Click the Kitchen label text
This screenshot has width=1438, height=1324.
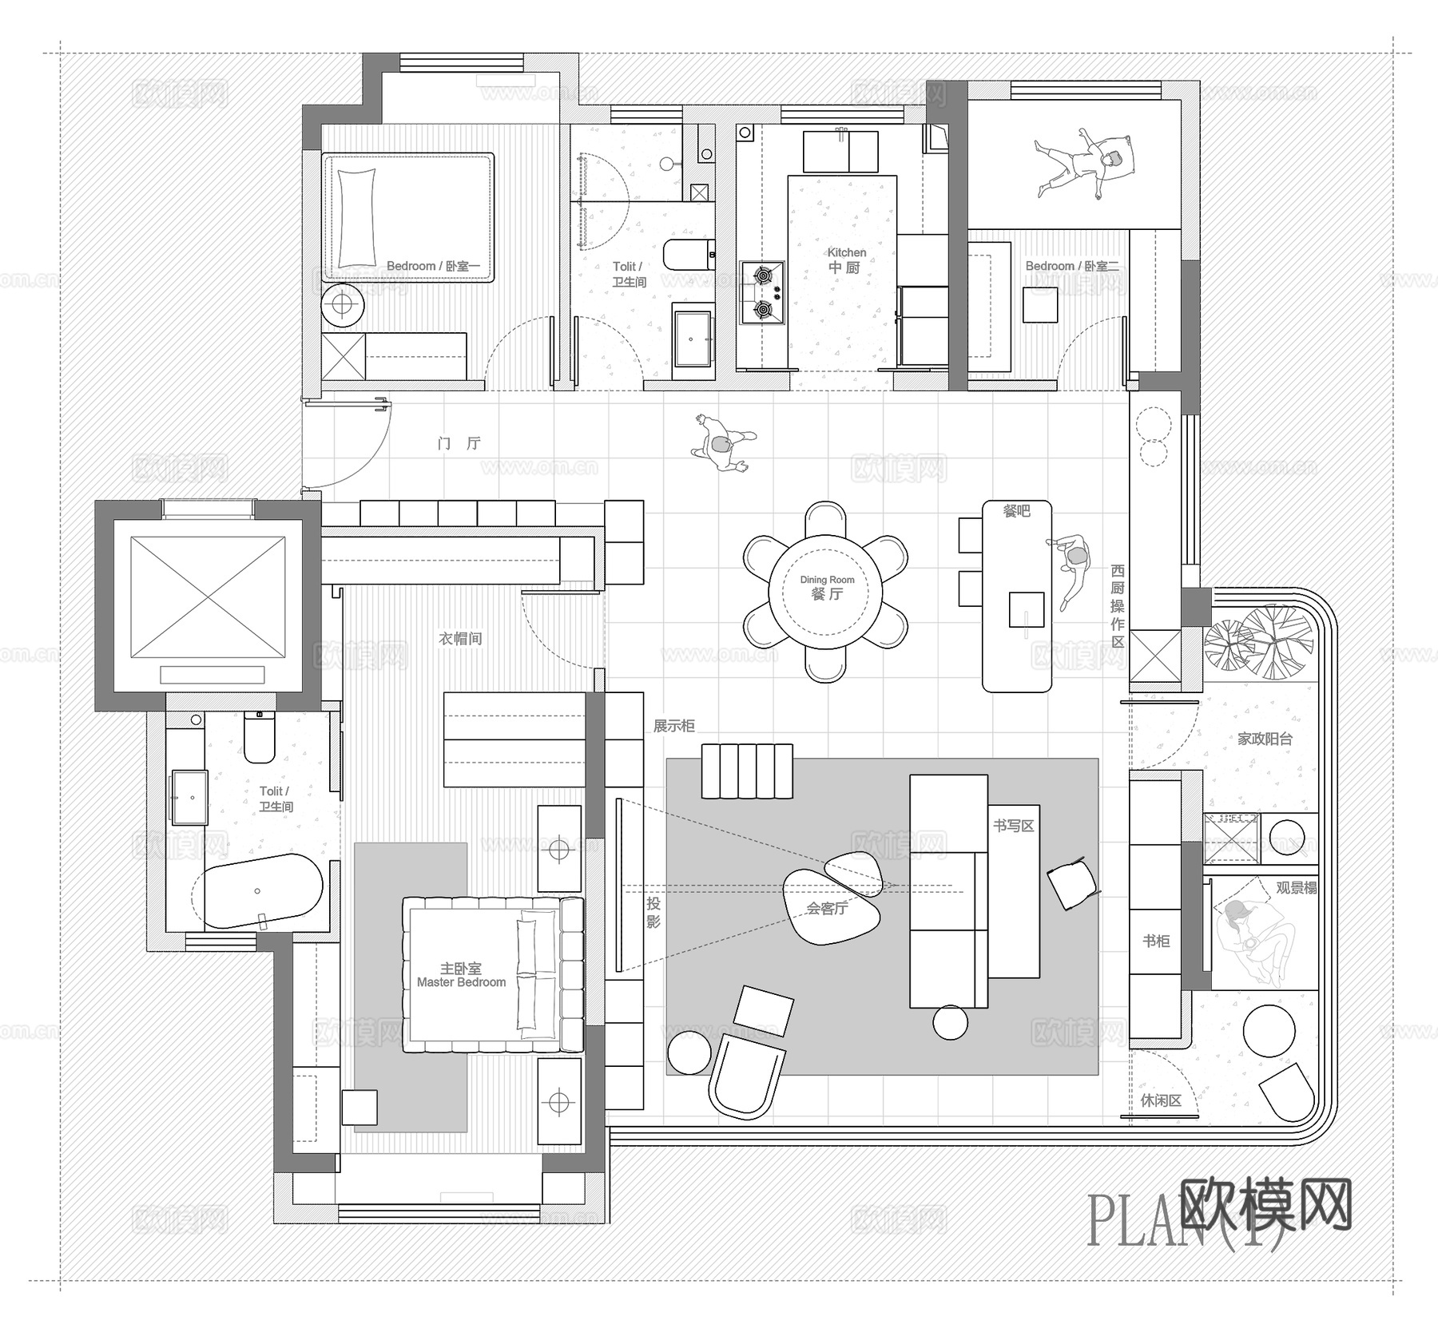tap(846, 260)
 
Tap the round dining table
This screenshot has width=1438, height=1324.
tap(826, 591)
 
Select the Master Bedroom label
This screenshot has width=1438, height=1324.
tap(461, 975)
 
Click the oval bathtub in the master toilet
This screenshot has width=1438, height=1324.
tap(261, 891)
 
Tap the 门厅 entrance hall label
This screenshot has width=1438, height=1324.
tap(459, 443)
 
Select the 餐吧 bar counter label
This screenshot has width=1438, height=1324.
tap(1016, 511)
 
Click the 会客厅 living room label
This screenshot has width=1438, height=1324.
tap(827, 908)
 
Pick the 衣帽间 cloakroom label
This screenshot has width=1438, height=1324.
tap(460, 639)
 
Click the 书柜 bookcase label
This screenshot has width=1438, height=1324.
tap(1156, 941)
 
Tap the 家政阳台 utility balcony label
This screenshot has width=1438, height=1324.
tap(1265, 739)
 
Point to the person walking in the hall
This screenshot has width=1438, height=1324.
tap(723, 444)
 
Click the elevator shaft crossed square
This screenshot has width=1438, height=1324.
tap(208, 597)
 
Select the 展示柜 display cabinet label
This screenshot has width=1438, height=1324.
tap(673, 726)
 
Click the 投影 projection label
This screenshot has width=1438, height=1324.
tap(653, 913)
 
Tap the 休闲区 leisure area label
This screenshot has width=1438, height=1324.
tap(1161, 1100)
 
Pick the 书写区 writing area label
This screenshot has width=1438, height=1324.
tap(1014, 826)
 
